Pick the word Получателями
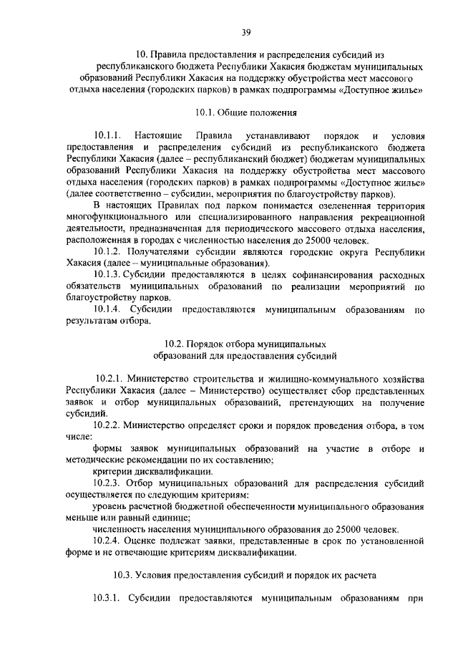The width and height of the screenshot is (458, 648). click(161, 252)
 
